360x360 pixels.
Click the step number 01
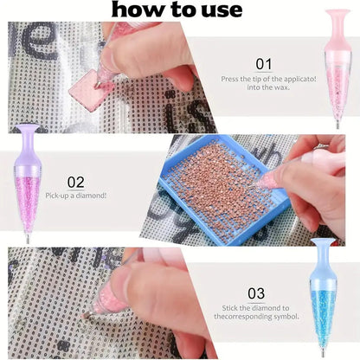point(264,64)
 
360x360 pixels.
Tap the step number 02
point(76,183)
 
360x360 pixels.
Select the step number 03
point(256,293)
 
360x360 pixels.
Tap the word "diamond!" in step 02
point(91,196)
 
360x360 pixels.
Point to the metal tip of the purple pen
point(28,239)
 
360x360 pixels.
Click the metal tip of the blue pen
point(323,353)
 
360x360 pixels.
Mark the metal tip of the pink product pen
point(337,125)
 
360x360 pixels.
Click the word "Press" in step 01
point(228,79)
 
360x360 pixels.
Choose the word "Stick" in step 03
point(229,308)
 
